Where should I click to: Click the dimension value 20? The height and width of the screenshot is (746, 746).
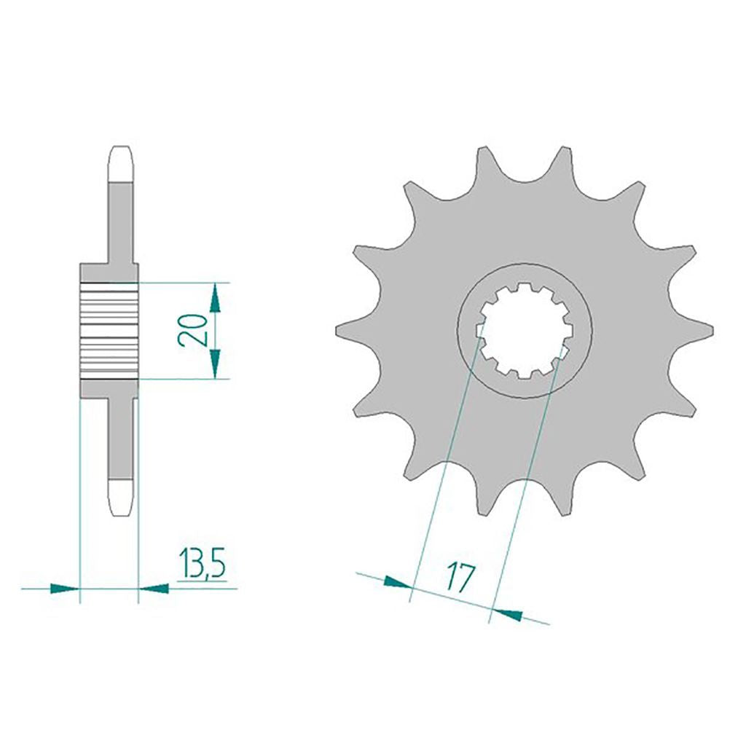point(192,330)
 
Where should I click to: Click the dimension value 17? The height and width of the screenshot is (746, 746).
point(460,578)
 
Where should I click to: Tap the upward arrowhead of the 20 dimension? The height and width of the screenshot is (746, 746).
point(216,297)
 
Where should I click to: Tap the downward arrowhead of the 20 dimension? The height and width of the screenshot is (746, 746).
point(216,364)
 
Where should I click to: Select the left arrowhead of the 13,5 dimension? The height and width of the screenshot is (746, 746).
point(64,589)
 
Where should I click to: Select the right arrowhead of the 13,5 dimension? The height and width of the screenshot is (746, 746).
point(154,589)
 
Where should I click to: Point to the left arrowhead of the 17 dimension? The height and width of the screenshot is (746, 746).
point(397,582)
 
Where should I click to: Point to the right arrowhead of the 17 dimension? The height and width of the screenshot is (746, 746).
point(507,614)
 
